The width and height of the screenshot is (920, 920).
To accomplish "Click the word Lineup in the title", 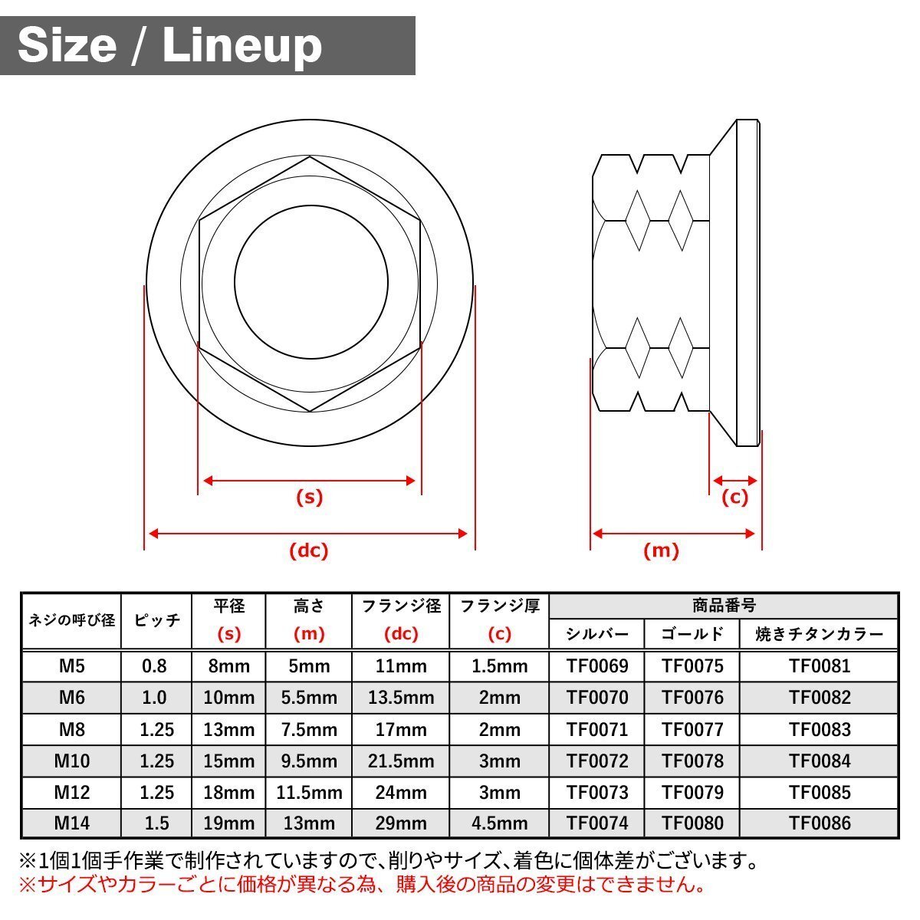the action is point(242,46).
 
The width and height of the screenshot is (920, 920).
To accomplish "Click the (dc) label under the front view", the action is point(309,550).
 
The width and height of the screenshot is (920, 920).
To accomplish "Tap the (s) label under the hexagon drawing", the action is point(310,497).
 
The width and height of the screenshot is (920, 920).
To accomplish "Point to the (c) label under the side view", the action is point(734,497).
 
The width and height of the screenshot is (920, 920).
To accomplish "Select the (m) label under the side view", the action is point(661,550).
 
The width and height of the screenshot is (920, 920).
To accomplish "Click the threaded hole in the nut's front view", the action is point(310,281).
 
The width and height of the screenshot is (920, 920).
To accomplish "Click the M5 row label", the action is point(71,665).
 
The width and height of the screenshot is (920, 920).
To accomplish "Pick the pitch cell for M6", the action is point(154,698).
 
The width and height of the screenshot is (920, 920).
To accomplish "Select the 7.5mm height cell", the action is point(309,730).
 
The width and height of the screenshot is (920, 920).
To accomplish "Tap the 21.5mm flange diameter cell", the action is point(401,761).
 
